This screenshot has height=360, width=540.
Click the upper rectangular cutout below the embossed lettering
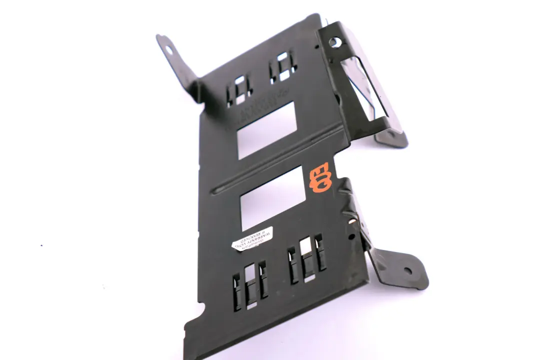coord(266,129)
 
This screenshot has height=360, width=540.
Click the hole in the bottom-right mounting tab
coord(408,271)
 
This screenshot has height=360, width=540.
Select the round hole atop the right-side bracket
coord(334,42)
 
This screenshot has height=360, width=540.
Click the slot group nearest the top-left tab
coord(239,90)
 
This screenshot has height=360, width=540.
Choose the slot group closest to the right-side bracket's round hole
coord(283,66)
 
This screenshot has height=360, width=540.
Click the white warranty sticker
coord(252,238)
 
